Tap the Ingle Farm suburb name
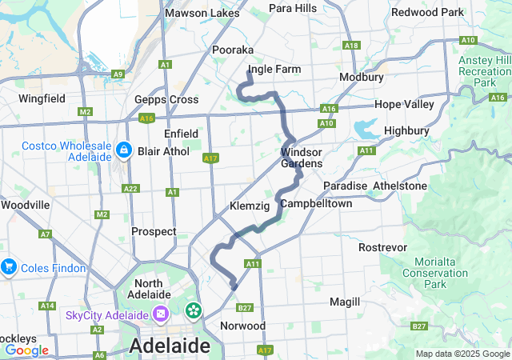[274, 70]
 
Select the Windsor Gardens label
[302, 158]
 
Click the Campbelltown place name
[316, 204]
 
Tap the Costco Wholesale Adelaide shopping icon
[124, 150]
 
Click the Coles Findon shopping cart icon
[10, 266]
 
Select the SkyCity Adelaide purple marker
[161, 313]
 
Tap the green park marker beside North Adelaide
[194, 310]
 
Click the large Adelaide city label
[170, 346]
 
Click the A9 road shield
[118, 74]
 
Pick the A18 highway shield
[350, 46]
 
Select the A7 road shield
[46, 234]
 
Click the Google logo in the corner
[26, 350]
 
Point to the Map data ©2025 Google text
[462, 354]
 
